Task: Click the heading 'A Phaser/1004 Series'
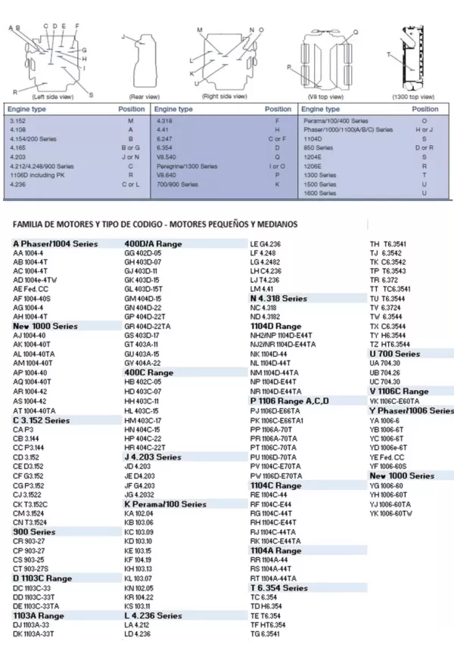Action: tap(55, 244)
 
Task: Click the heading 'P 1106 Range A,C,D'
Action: tap(289, 401)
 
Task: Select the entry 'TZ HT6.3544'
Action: tap(391, 344)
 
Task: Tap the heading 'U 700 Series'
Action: tap(394, 354)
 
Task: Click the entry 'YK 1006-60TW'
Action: tap(390, 514)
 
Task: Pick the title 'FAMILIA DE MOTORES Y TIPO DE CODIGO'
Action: tap(155, 225)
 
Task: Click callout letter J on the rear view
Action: tap(123, 36)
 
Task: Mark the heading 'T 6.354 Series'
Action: tap(278, 587)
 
